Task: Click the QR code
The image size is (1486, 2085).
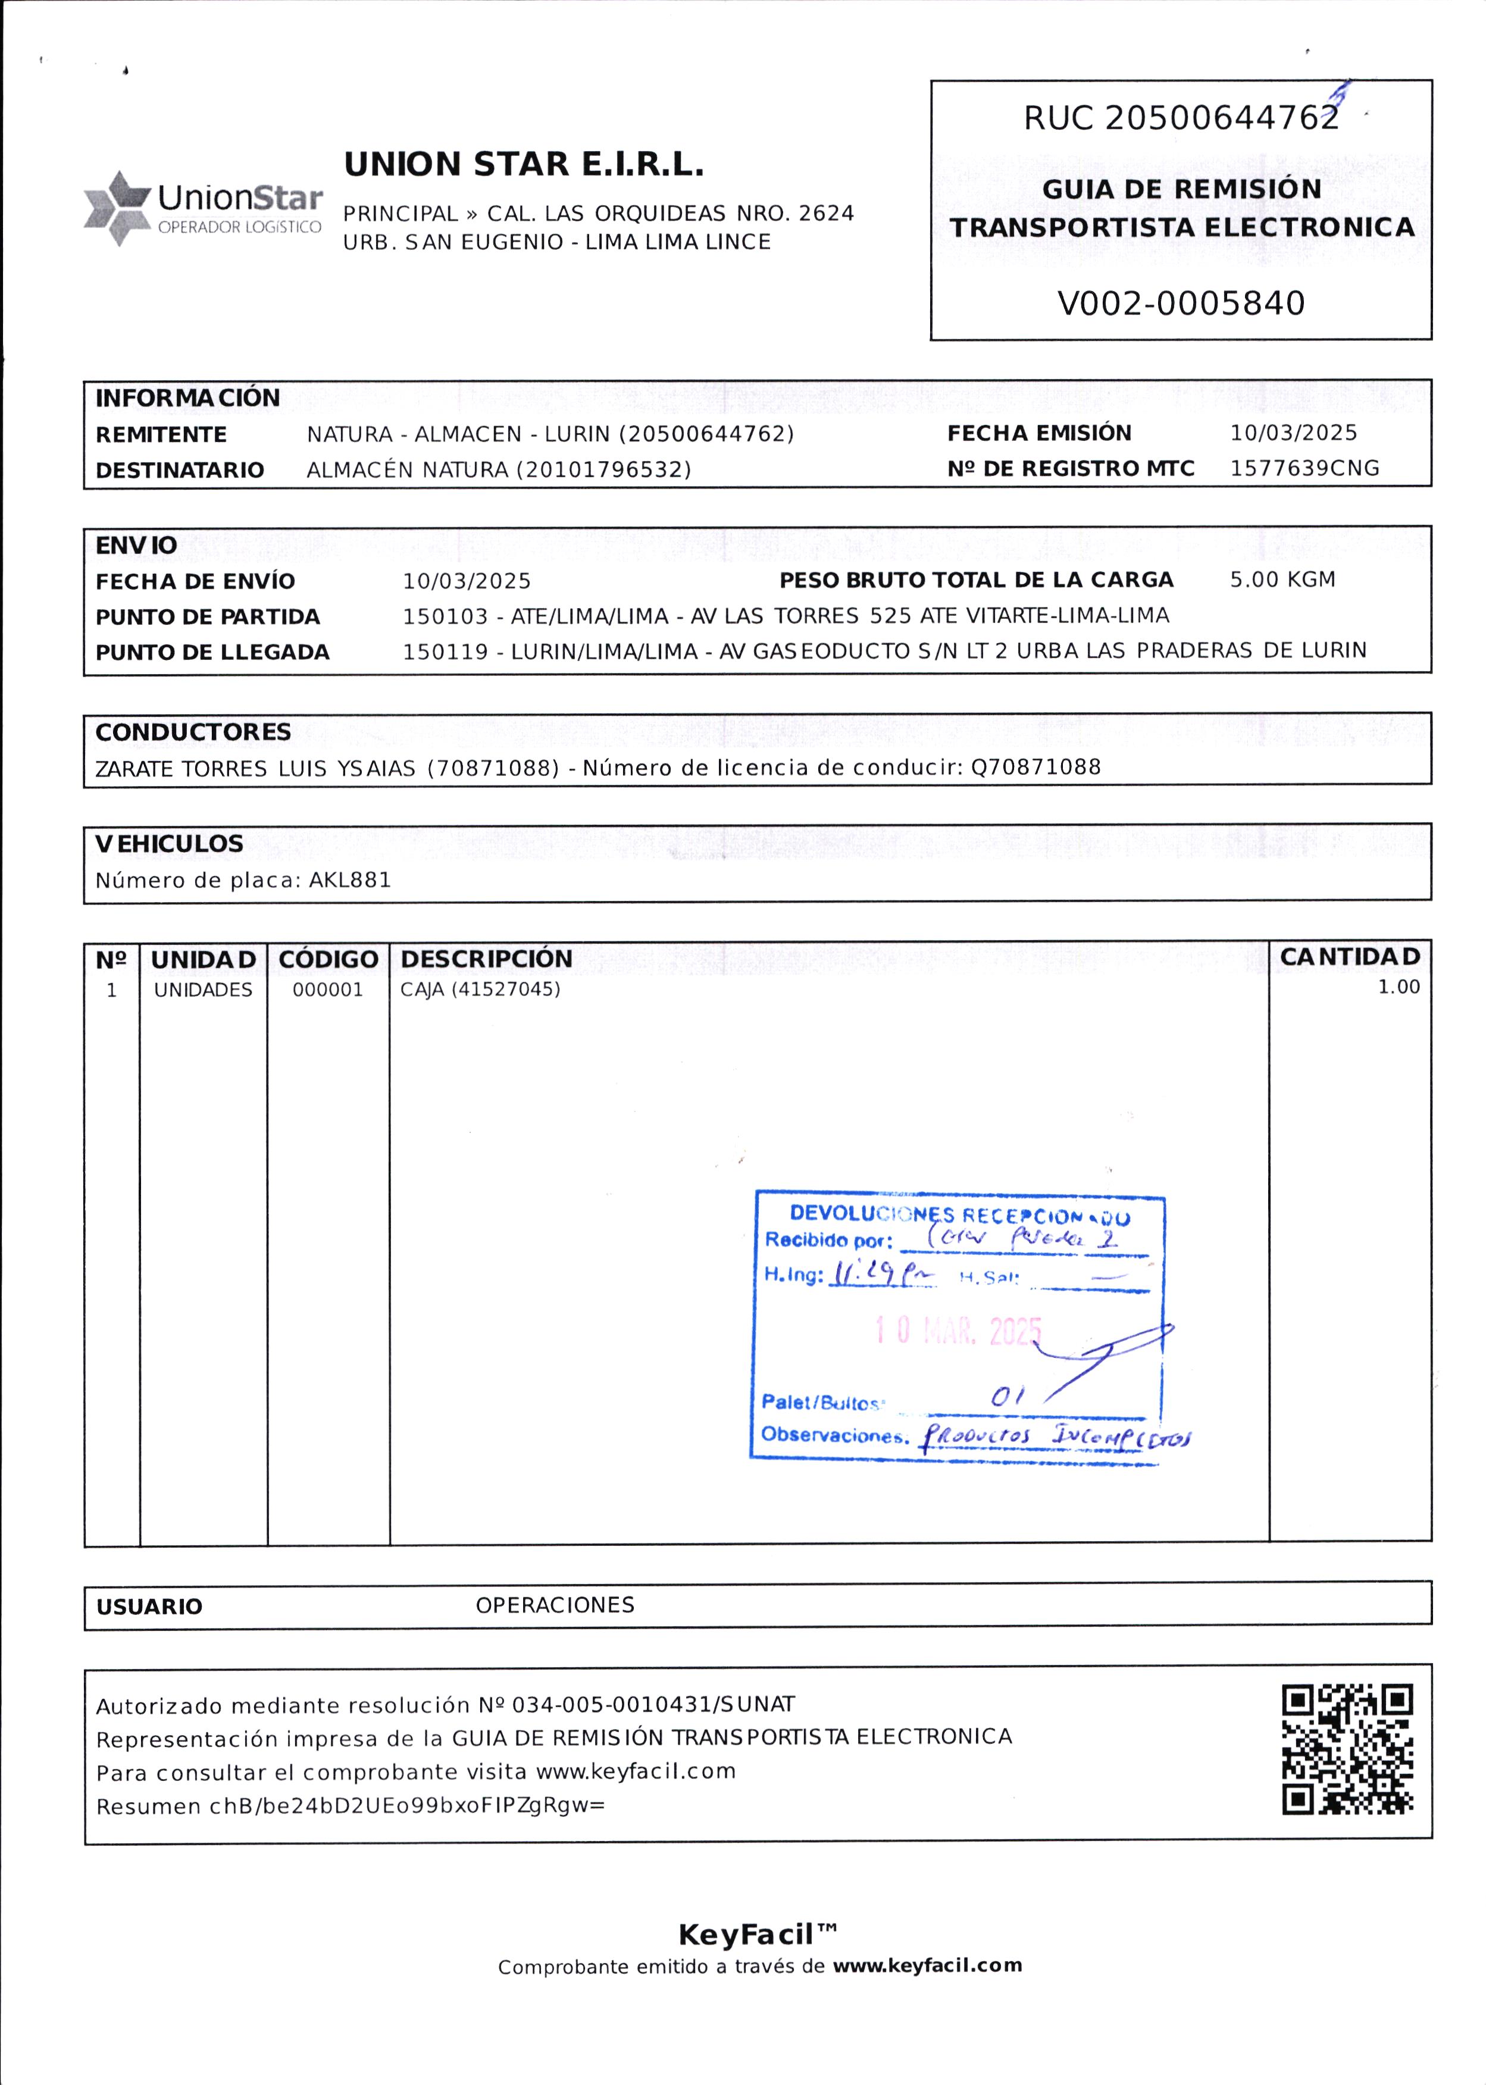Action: [x=1347, y=1749]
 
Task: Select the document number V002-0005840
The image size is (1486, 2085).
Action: [x=1180, y=303]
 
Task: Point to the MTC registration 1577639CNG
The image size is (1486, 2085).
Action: [x=1304, y=468]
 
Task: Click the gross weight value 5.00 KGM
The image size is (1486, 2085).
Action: [x=1282, y=579]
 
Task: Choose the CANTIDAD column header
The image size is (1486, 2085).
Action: [x=1350, y=957]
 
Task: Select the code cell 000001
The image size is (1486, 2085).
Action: [x=327, y=990]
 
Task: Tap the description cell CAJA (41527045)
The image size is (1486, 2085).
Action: [x=480, y=990]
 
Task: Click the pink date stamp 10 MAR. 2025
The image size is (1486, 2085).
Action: [x=957, y=1330]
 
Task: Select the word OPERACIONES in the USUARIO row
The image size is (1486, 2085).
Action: [x=555, y=1605]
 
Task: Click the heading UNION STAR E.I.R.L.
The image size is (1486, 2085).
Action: [x=523, y=165]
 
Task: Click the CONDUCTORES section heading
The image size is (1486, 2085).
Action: [x=193, y=732]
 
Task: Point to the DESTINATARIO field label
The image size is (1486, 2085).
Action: [x=179, y=470]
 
